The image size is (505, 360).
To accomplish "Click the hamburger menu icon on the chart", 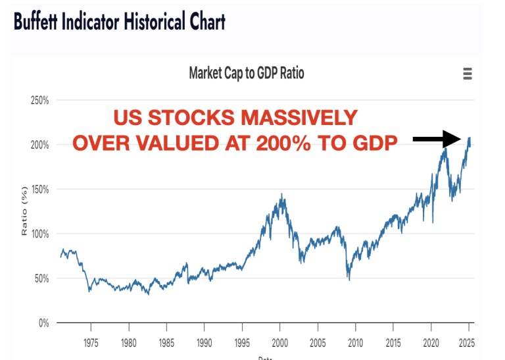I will point(468,74).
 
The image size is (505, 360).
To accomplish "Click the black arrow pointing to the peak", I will point(438,138).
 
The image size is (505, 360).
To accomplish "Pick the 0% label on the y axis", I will point(44,323).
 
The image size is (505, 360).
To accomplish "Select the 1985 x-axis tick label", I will point(167,344).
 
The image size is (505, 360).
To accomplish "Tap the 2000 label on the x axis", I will point(280,344).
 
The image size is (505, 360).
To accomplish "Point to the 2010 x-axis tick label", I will point(356,344).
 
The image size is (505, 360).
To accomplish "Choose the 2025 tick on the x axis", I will point(468,344).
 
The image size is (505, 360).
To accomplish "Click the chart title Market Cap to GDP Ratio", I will point(247,73).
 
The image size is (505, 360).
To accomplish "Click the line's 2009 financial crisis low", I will point(349,280).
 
